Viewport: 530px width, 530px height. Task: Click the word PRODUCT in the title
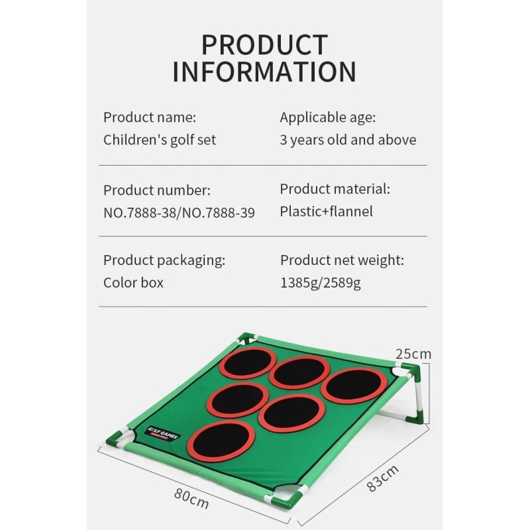(264, 45)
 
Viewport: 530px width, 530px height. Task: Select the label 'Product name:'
(150, 118)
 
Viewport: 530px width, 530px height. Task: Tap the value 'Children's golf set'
(160, 140)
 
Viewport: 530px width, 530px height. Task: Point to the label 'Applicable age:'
(327, 118)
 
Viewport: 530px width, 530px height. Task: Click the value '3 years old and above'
(348, 140)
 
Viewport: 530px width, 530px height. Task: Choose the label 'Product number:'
(157, 190)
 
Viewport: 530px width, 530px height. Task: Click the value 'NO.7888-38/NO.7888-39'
(179, 212)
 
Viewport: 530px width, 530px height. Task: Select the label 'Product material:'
(335, 189)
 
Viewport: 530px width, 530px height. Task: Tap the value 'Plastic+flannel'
(326, 211)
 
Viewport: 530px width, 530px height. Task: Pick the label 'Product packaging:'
(164, 260)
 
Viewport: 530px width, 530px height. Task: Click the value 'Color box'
(133, 282)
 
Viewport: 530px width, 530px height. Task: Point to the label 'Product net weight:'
(342, 260)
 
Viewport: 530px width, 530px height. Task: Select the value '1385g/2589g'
(321, 283)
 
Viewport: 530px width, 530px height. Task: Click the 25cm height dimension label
(413, 354)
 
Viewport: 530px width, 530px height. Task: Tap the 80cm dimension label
(191, 498)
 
